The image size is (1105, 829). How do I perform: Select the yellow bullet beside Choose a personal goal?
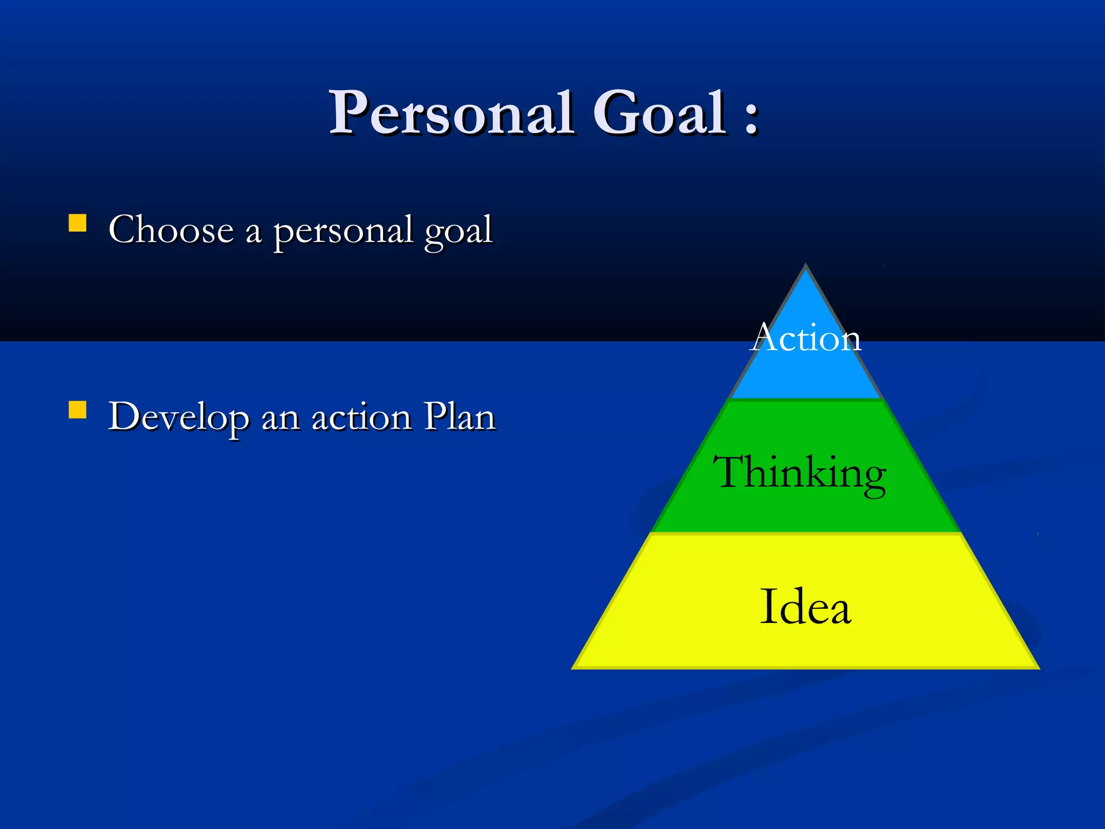coord(78,223)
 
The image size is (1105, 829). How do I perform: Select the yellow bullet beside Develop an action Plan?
coord(78,410)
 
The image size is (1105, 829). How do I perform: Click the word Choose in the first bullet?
coord(171,230)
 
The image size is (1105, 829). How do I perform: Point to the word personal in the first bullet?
coord(343,232)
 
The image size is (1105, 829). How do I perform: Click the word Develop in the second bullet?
coord(179,418)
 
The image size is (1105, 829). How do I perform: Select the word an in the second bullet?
coord(281,419)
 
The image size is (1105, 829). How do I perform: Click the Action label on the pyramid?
coord(806,338)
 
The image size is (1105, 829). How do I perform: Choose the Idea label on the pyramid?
coord(805,607)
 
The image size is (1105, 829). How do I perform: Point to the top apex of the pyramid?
coord(806,266)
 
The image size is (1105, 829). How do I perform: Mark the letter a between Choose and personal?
coord(253,233)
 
